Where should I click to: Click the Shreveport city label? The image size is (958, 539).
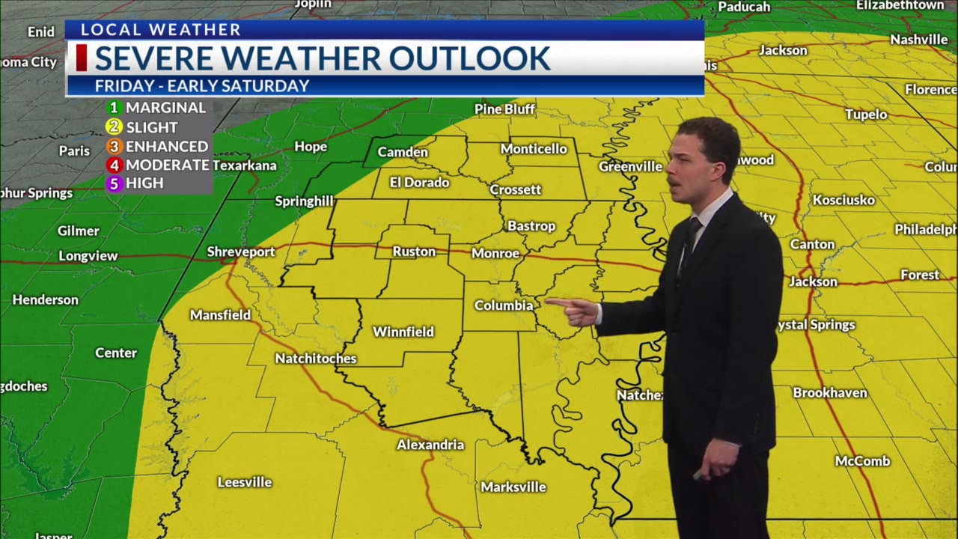coord(241,252)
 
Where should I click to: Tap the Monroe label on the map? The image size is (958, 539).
coord(495,254)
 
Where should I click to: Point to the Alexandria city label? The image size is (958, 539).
coord(430,445)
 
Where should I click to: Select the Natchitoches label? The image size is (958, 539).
coord(315,359)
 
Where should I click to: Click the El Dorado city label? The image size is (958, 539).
coord(419,182)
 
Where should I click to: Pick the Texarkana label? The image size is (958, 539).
coord(245,165)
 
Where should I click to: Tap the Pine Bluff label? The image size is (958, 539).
coord(504,109)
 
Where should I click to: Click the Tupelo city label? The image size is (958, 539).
coord(866,115)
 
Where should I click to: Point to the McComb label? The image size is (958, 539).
coord(862,461)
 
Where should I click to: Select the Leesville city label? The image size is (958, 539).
coord(244,482)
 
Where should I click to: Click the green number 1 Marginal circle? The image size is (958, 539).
coord(114,108)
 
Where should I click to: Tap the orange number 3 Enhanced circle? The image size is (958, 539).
coord(114,146)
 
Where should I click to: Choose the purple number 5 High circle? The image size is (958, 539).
coord(114,183)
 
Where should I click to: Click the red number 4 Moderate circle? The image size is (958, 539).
coord(114,165)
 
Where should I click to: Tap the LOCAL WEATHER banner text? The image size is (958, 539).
coord(160,30)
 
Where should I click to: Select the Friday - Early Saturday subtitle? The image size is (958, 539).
coord(201,86)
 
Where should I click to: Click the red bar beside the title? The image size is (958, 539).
coord(82,58)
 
